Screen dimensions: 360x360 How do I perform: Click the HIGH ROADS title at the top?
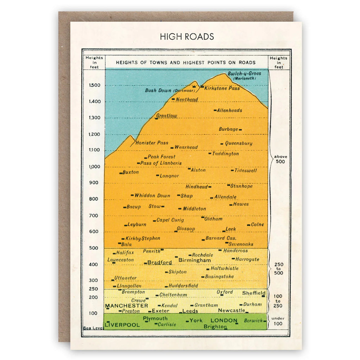tap(187, 37)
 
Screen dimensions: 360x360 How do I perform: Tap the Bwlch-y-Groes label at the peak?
tap(244, 74)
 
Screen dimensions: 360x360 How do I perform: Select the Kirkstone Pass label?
tap(222, 88)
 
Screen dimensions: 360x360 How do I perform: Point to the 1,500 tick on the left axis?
tap(94, 85)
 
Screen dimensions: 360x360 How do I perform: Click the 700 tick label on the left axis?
tap(94, 216)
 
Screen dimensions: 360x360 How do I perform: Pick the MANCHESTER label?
tap(126, 306)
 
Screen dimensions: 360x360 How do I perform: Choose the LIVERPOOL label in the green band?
tap(122, 325)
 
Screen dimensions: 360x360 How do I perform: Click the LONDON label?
tap(224, 320)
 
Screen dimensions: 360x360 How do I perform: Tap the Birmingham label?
tap(194, 260)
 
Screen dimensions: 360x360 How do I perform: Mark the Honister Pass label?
tap(152, 143)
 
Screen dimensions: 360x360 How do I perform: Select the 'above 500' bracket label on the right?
tap(281, 159)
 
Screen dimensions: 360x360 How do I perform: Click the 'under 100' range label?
tap(278, 321)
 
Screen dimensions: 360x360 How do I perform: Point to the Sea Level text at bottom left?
tap(93, 328)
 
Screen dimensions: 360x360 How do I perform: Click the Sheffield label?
tap(254, 293)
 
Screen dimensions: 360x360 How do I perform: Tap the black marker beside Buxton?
tap(121, 173)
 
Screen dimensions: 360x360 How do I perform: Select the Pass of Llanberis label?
tap(161, 163)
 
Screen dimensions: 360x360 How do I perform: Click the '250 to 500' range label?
tap(279, 269)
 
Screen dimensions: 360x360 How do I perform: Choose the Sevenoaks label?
tap(241, 244)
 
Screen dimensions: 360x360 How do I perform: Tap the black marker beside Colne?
tap(249, 225)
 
